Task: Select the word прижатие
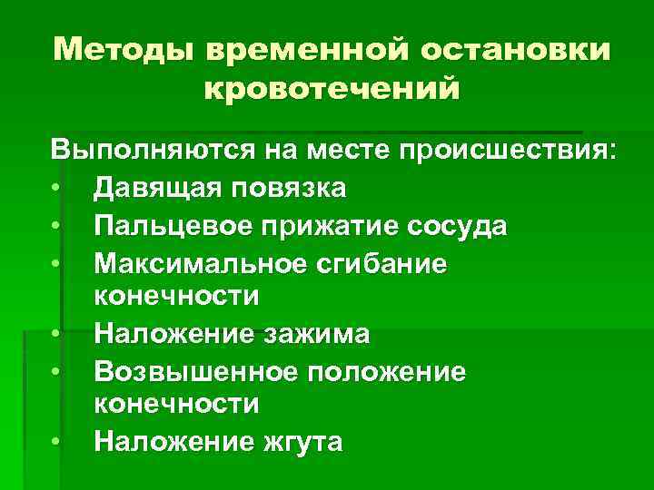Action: coord(317,225)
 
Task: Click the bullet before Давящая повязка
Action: coord(55,189)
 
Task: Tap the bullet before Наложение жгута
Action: coord(55,442)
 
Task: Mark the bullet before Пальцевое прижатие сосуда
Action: coord(55,225)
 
